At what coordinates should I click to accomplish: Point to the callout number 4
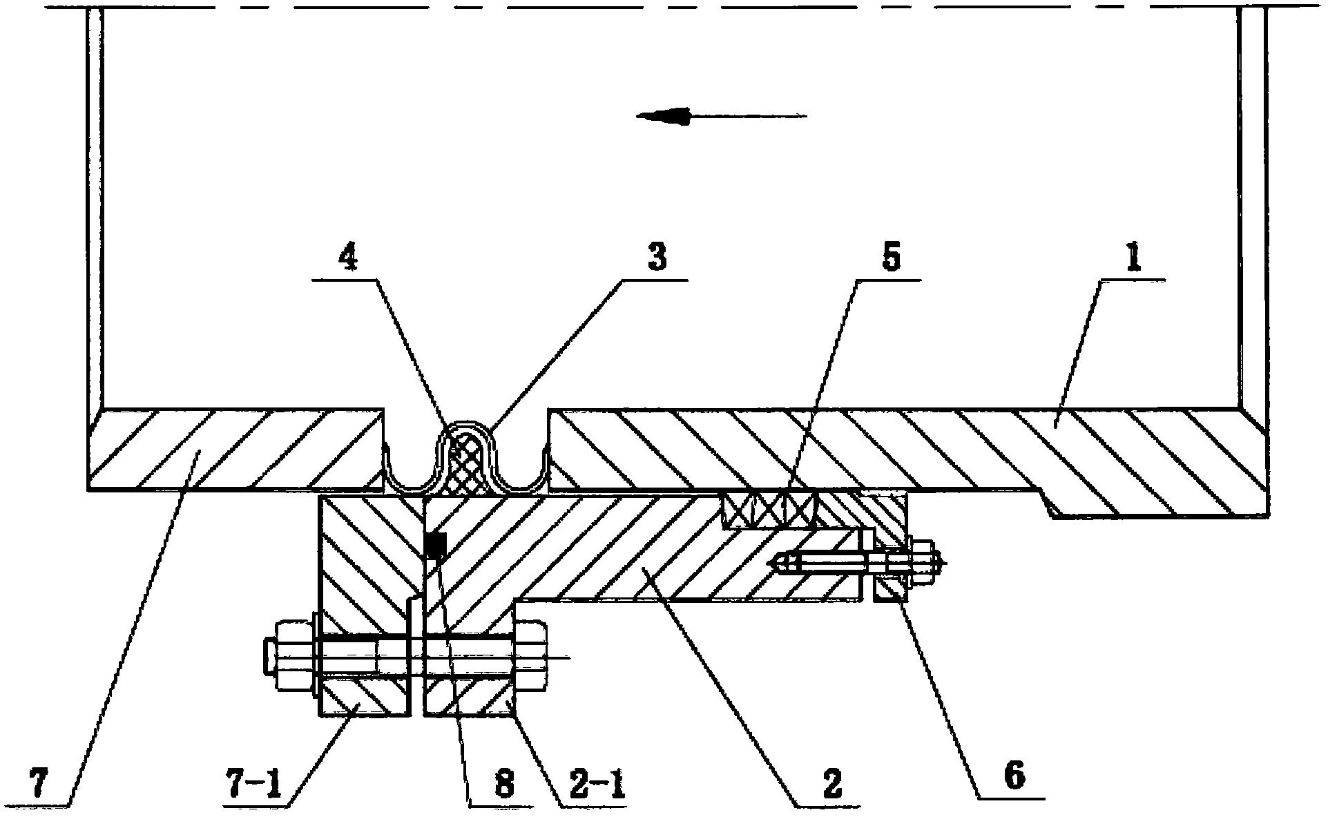[x=349, y=259]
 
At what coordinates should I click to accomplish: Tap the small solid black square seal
[x=434, y=546]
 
